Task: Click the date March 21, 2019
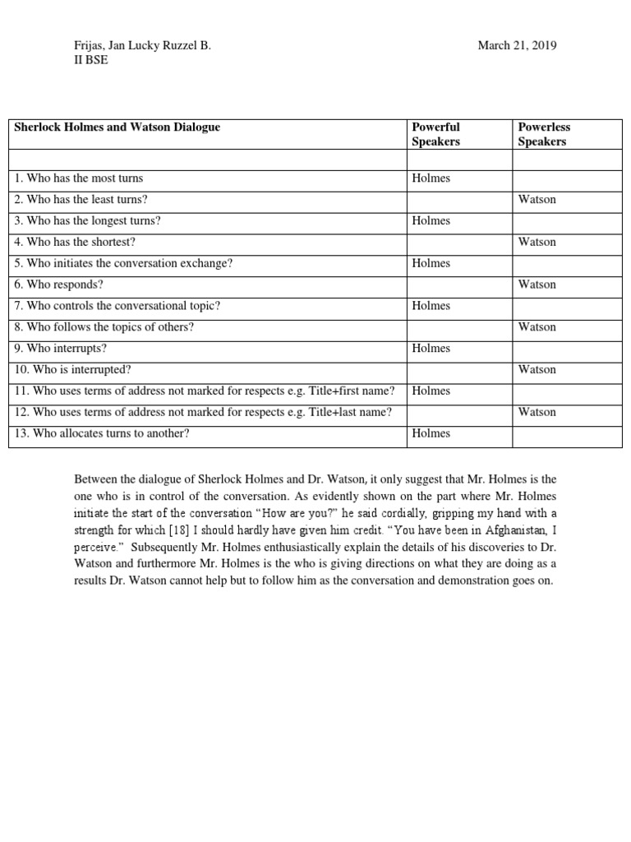[517, 46]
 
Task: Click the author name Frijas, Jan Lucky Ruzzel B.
[143, 46]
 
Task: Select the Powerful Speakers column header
[436, 134]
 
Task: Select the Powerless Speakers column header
[544, 134]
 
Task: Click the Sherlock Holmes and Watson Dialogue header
[117, 127]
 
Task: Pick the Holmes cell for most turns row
[431, 178]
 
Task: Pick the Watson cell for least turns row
[537, 200]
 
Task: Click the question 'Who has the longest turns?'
[88, 221]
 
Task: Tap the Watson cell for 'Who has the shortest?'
[537, 243]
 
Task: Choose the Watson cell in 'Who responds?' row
[537, 285]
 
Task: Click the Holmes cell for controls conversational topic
[431, 307]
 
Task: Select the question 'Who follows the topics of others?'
[104, 328]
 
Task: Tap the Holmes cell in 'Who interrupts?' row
[431, 349]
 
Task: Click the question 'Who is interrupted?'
[73, 371]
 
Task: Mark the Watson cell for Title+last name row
[537, 413]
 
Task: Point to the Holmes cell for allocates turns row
[431, 433]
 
